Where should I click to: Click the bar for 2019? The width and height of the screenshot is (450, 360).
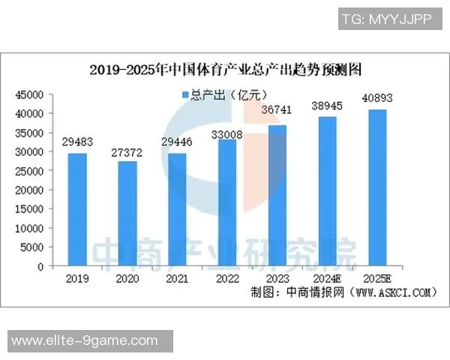click(x=77, y=209)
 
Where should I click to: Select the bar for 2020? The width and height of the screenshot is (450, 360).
click(x=127, y=213)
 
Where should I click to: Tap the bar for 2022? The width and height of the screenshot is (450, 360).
click(x=227, y=202)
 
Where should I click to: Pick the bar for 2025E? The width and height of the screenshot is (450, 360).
click(x=377, y=187)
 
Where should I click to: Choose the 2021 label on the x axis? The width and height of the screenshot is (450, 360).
click(x=177, y=277)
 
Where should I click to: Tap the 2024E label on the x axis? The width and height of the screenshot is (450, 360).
click(x=327, y=277)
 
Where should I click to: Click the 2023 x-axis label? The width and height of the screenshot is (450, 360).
click(x=277, y=277)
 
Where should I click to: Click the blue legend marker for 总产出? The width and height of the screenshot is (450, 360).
click(x=184, y=94)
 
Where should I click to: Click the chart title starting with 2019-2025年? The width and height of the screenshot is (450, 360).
click(x=226, y=70)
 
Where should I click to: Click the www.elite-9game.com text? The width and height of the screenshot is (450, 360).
click(x=85, y=341)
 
